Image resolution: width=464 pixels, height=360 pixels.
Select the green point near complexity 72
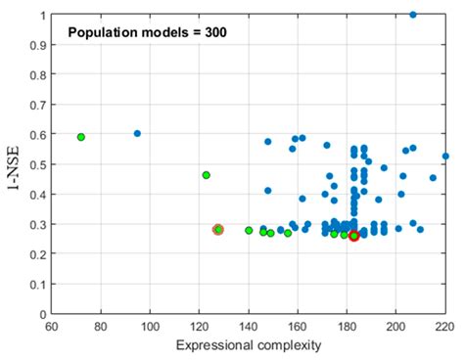(x=81, y=137)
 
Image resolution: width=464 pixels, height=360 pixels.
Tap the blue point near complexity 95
(x=137, y=133)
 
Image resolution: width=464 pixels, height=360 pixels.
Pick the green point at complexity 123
(x=206, y=175)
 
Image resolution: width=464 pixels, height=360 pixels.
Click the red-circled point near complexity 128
(x=218, y=230)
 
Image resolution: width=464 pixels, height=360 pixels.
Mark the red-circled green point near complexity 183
(x=354, y=236)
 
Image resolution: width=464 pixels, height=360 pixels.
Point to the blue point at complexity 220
(x=445, y=156)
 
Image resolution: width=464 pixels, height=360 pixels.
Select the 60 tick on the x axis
(x=51, y=328)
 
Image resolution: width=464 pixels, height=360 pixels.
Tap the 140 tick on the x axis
(x=249, y=328)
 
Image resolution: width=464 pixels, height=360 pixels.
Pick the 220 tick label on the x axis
(x=445, y=328)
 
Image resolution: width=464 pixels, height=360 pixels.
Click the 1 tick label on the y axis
(x=42, y=15)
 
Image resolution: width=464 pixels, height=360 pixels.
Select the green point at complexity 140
(x=249, y=231)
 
